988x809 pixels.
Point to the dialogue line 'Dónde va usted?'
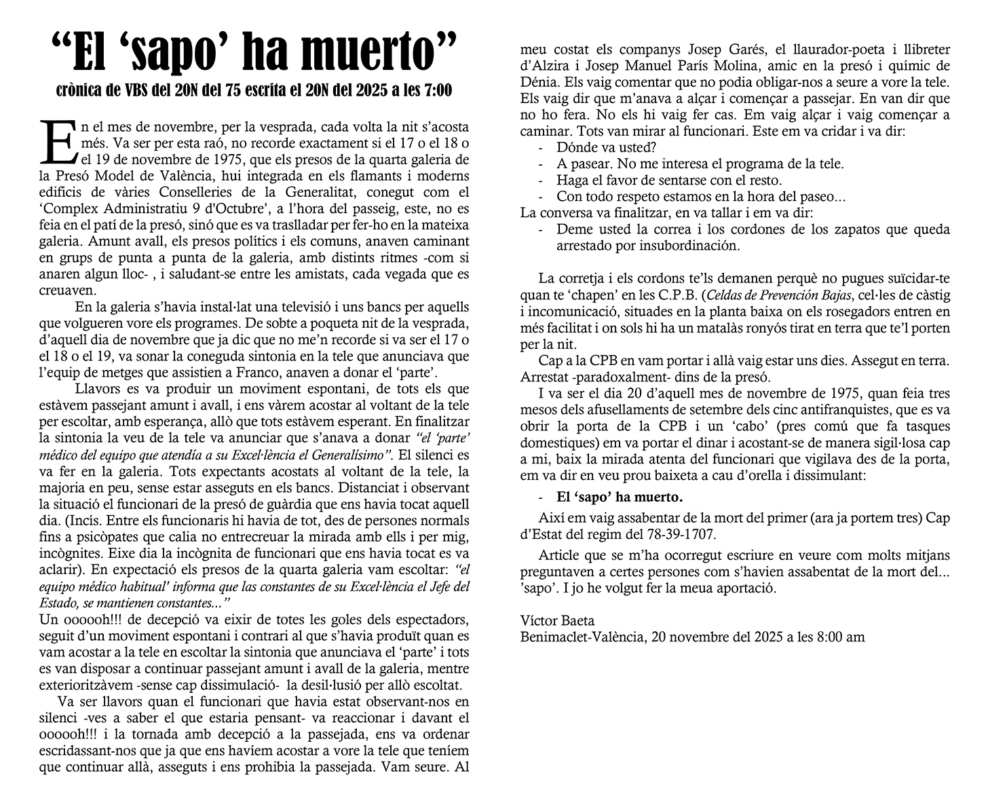click(606, 147)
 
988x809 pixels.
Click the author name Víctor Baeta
click(557, 620)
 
